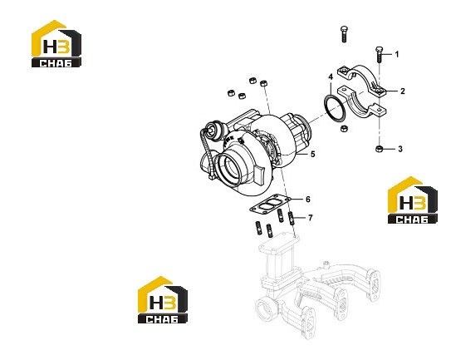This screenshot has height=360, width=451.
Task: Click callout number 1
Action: click(x=397, y=54)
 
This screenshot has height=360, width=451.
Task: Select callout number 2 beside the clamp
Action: click(x=402, y=91)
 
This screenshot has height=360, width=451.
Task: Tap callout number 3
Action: click(x=400, y=149)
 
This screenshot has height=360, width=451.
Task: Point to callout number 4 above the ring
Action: click(x=331, y=76)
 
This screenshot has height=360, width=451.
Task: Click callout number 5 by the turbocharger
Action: click(x=313, y=154)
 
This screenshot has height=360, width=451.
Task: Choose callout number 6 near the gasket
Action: click(x=308, y=200)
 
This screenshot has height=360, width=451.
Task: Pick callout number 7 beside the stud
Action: click(x=310, y=218)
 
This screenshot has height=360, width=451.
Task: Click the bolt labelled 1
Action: click(x=379, y=55)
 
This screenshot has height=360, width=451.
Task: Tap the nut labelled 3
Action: click(x=379, y=149)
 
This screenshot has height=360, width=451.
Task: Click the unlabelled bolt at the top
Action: click(x=344, y=34)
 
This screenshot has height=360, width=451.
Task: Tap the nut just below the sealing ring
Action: click(x=344, y=128)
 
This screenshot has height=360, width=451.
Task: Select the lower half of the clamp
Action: click(x=362, y=103)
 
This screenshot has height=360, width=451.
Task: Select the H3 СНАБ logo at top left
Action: click(x=56, y=44)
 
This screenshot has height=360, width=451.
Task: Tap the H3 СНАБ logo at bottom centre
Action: click(x=163, y=300)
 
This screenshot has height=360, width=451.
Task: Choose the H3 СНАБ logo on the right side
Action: click(x=413, y=200)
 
